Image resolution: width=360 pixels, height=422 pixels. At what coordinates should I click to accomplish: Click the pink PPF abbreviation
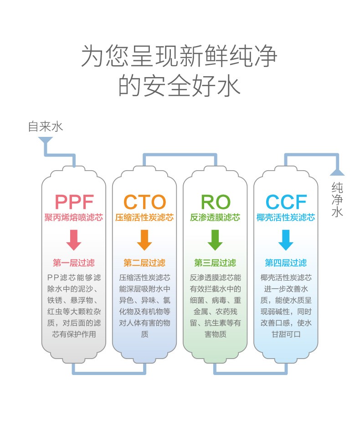74,202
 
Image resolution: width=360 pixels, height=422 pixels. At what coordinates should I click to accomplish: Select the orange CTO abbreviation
144,202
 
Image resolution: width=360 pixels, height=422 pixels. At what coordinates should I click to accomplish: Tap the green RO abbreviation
215,202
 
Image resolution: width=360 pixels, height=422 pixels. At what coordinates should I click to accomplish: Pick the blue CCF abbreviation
286,202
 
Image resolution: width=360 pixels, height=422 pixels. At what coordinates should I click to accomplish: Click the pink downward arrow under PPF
74,240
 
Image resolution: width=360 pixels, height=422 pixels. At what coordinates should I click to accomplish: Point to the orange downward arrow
144,240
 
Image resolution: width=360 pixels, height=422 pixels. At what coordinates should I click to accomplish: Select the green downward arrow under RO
215,240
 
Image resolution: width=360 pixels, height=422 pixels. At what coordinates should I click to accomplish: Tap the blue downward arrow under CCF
286,240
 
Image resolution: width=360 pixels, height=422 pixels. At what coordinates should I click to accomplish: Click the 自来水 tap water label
45,126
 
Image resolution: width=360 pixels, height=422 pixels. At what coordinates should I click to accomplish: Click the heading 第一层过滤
74,263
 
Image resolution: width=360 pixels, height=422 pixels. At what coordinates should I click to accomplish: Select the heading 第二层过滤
144,263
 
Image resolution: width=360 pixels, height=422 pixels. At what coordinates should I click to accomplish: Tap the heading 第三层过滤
215,263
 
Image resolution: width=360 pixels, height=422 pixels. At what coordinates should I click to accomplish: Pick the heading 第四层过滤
286,263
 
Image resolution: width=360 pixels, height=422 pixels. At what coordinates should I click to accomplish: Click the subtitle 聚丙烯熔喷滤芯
74,217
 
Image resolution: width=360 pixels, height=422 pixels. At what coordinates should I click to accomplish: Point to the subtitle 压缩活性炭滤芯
144,217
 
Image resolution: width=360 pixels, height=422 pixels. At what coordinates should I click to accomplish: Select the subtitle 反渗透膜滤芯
215,217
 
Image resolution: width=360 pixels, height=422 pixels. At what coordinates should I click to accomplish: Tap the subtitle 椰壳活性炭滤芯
286,217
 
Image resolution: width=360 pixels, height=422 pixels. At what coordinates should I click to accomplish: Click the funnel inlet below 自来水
45,142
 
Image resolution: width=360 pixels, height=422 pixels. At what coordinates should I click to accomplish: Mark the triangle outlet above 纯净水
337,172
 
